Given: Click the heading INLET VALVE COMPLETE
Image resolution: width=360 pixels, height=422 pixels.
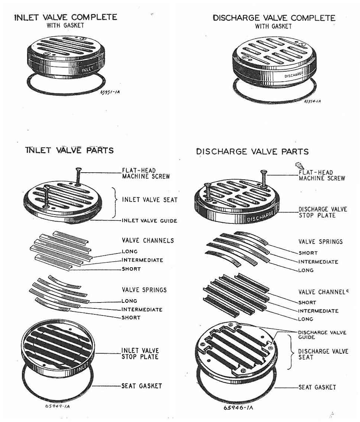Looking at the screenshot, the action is coord(65,17).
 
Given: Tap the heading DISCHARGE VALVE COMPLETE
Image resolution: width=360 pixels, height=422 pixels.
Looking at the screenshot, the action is coord(274,18).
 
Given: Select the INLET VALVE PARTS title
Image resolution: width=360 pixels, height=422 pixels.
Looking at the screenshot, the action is coord(69,150).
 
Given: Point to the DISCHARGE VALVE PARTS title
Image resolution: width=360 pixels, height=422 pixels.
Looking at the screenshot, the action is coord(252,151).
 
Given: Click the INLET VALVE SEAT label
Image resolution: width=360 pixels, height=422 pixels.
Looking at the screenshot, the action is coord(150,200).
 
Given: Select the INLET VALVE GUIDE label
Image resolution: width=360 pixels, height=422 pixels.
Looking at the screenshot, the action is coord(149,220).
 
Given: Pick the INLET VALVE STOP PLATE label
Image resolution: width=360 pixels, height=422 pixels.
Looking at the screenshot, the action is coord(140,353).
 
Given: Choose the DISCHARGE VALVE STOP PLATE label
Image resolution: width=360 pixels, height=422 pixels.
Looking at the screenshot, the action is coord(322,212).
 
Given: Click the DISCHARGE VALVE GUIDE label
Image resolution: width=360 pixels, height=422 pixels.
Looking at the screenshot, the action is coord(322,335).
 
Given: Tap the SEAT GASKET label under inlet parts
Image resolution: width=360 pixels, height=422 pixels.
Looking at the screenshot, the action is coord(142,386).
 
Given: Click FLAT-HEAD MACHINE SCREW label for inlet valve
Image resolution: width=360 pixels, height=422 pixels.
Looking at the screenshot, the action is coord(146,173).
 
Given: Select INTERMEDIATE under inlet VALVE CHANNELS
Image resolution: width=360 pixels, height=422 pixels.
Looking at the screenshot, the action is coord(142,260).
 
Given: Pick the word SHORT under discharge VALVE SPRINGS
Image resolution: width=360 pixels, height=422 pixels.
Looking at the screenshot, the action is coord(308,253).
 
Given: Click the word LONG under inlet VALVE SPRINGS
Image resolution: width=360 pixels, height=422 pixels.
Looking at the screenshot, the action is coord(129,301).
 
